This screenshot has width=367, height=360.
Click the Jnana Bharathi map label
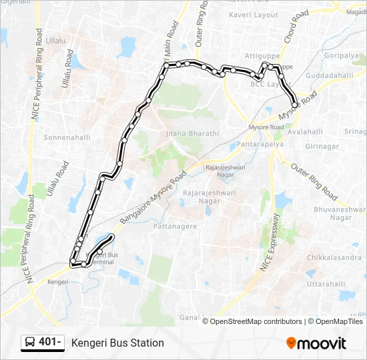click(192, 133)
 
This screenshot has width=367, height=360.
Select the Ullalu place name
click(57, 41)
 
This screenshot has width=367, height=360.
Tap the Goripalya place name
click(342, 56)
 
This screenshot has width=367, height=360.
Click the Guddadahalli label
click(329, 76)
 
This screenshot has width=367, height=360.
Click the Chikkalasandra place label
click(334, 257)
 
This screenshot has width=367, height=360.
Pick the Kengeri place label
click(58, 282)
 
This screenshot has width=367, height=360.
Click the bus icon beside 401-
click(30, 343)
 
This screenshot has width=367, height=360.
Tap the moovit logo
click(316, 343)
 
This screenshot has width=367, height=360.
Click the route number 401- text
click(51, 343)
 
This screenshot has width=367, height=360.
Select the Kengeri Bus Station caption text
click(117, 343)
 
